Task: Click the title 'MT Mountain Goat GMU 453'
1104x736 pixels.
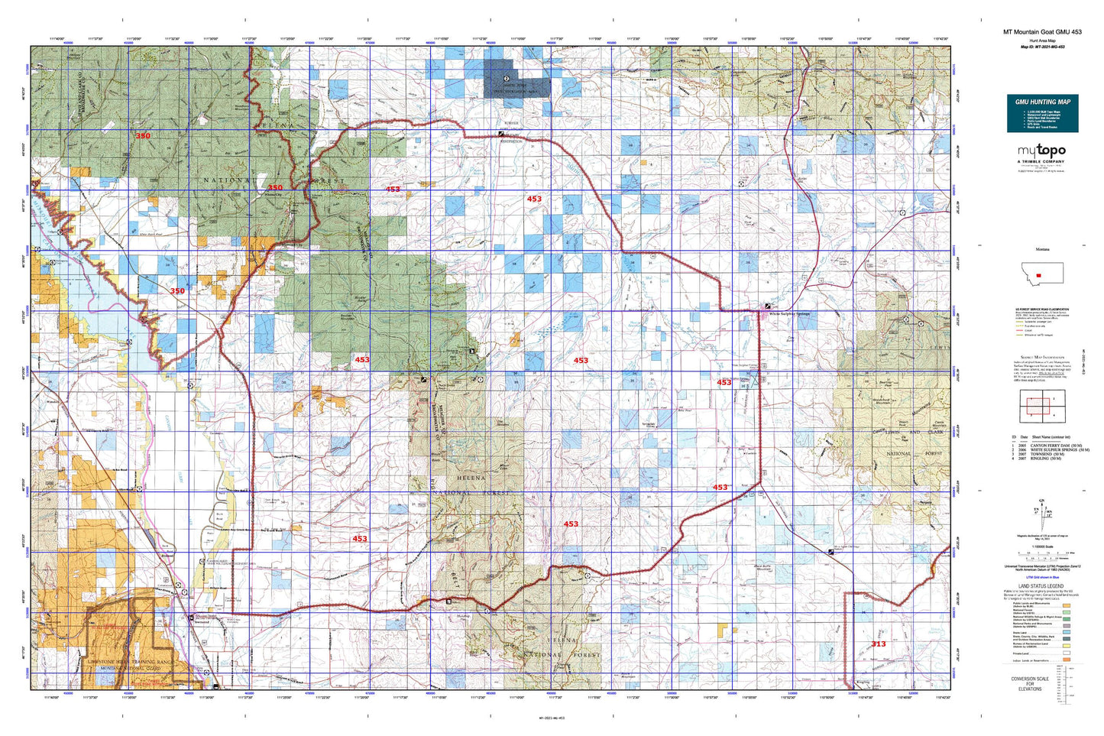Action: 1042,32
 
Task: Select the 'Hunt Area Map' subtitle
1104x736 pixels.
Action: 1042,40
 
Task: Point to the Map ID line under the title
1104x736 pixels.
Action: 1042,47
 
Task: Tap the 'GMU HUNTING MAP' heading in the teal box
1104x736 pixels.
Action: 1042,102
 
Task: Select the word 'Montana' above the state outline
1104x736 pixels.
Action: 1042,250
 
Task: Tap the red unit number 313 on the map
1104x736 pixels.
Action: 879,644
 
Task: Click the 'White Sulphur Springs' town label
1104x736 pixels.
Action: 789,314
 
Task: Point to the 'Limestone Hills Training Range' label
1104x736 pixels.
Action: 130,662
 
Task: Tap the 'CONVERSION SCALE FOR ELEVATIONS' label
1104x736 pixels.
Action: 1029,684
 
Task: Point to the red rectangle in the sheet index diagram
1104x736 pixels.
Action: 1036,405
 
